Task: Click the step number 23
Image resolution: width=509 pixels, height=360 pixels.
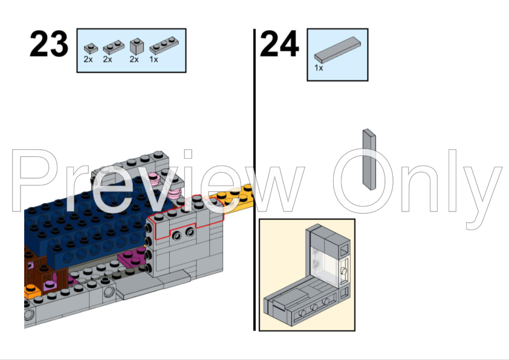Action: [x=49, y=45]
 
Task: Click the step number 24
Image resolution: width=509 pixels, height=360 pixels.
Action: [x=279, y=45]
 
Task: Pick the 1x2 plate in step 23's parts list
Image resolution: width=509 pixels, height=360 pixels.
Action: [x=111, y=47]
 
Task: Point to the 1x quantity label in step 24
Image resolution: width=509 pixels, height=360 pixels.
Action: [x=319, y=68]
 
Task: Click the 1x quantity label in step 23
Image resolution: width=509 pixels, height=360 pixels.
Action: [x=154, y=59]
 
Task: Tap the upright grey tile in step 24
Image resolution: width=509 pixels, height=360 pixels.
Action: [x=369, y=158]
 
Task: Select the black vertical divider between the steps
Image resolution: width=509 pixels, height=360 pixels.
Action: [x=254, y=181]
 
